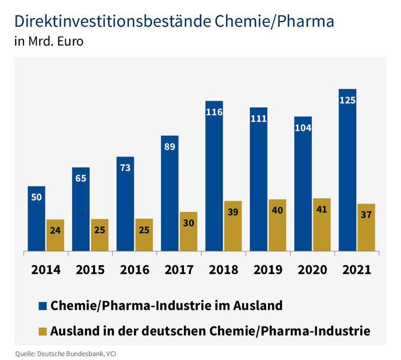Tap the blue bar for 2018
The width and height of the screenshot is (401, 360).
(x=214, y=177)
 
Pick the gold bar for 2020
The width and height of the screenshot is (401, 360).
(x=321, y=224)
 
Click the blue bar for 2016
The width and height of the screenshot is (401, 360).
(x=125, y=204)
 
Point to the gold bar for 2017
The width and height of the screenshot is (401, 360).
(x=188, y=232)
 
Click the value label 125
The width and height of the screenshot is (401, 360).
(x=347, y=100)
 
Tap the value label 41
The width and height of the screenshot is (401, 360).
(x=321, y=210)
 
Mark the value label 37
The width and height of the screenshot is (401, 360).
(x=366, y=215)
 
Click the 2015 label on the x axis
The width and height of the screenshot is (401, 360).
(x=91, y=269)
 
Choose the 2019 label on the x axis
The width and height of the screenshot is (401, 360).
(x=268, y=269)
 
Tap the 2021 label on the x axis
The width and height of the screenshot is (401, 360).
(x=357, y=269)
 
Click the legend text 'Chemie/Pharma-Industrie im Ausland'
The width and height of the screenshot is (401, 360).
(x=167, y=306)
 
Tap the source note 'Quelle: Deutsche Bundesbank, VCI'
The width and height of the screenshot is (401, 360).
(x=65, y=353)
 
